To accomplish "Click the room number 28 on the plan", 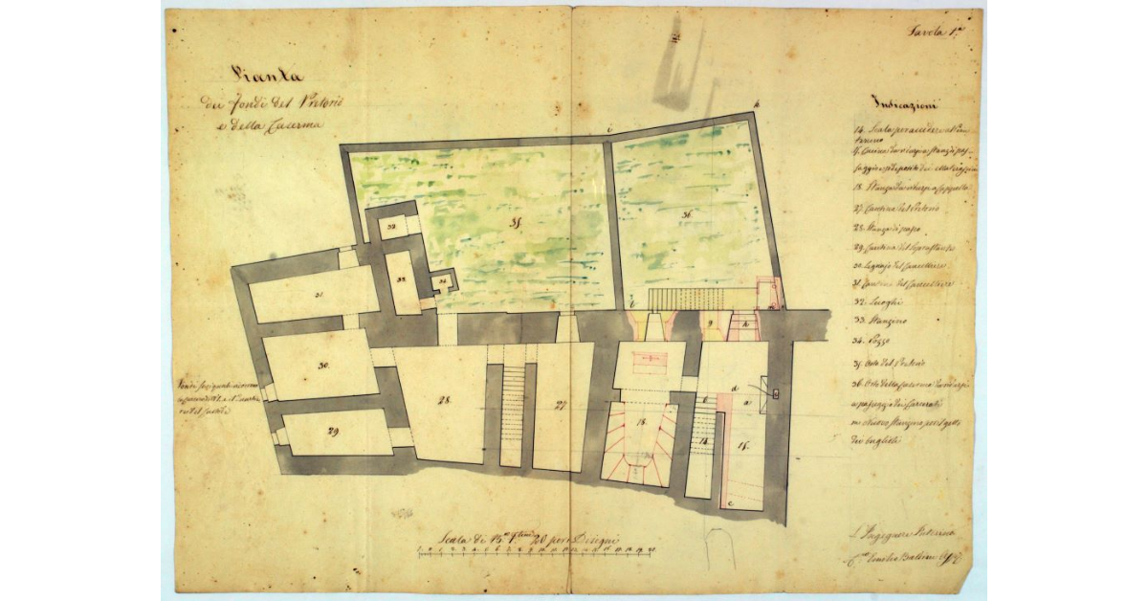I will pyautogui.click(x=444, y=400).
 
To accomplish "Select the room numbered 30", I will pyautogui.click(x=323, y=366).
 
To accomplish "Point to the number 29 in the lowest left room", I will pyautogui.click(x=334, y=433).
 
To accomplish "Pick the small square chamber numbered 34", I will pyautogui.click(x=443, y=281).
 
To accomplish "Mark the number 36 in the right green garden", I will pyautogui.click(x=687, y=216).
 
